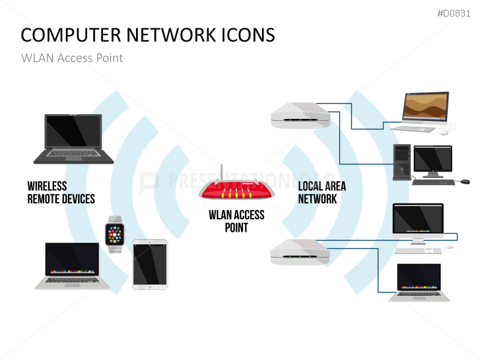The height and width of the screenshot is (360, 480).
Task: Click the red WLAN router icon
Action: click(236, 191)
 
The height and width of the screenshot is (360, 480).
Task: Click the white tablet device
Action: click(150, 264)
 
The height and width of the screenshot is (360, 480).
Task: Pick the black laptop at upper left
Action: click(73, 139)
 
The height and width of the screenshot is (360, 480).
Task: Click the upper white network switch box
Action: click(300, 116)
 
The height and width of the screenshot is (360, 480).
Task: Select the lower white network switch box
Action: click(300, 252)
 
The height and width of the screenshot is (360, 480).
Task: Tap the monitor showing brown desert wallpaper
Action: click(425, 106)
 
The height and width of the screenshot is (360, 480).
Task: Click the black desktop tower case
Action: click(401, 162)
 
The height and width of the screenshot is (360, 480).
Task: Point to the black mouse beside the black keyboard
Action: click(465, 181)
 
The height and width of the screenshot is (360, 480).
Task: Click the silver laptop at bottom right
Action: click(419, 283)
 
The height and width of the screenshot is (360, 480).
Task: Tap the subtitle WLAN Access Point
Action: click(72, 57)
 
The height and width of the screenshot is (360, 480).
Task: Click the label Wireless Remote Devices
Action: click(61, 192)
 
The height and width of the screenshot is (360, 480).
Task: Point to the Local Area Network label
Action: click(322, 192)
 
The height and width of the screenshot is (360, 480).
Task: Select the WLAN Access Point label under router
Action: click(236, 221)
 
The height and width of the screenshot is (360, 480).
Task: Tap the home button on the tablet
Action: click(150, 287)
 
